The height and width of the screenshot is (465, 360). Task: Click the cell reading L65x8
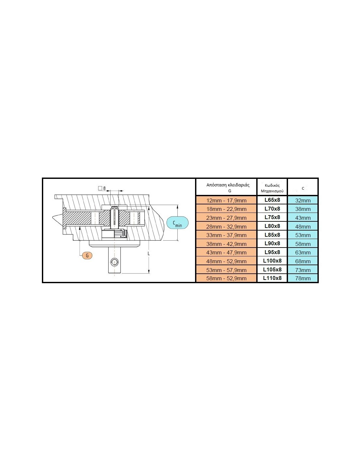[x=272, y=200]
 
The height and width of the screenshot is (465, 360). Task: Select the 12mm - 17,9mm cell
[x=226, y=200]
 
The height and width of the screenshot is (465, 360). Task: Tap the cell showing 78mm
[x=303, y=278]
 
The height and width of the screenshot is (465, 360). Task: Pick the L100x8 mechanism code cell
[x=272, y=261]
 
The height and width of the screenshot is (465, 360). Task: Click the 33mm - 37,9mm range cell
[x=226, y=235]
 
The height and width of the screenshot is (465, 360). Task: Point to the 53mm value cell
[x=303, y=235]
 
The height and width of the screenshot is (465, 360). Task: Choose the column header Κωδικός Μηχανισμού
[x=272, y=188]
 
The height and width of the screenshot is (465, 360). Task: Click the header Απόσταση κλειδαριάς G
[x=228, y=187]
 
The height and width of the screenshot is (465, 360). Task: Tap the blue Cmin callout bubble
[x=177, y=223]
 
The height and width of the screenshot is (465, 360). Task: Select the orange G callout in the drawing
[x=87, y=255]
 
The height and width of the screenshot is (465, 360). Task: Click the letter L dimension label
[x=149, y=253]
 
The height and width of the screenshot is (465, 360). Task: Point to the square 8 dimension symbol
[x=102, y=188]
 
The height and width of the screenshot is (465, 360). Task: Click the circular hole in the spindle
[x=115, y=262]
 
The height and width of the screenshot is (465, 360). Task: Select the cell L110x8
[x=272, y=278]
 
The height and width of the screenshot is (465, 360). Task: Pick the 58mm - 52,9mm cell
[x=226, y=278]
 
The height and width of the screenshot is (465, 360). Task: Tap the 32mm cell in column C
[x=303, y=200]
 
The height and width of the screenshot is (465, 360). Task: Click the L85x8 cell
[x=272, y=235]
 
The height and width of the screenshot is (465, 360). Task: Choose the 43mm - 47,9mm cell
[x=226, y=252]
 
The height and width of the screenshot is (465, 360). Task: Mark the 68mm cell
[x=303, y=261]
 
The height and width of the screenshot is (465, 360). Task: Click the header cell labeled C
[x=303, y=188]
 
